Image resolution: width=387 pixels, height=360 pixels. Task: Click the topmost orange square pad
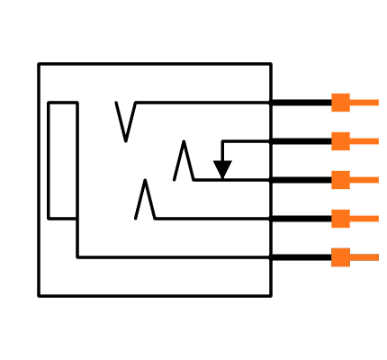[340, 103]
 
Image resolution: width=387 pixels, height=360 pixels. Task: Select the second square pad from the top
[340, 141]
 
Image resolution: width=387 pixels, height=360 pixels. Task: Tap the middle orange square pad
[340, 180]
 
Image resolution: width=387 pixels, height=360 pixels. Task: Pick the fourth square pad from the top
[340, 219]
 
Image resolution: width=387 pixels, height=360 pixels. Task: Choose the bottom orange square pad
[340, 257]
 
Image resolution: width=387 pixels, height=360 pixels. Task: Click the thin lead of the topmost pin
[364, 103]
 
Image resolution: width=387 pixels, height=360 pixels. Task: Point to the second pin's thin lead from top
[364, 141]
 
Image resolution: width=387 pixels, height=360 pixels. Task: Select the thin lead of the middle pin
[364, 180]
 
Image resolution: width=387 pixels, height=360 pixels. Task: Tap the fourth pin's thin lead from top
[364, 219]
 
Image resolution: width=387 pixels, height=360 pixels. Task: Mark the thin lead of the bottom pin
[364, 257]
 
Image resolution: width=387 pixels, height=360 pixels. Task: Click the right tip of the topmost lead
[377, 103]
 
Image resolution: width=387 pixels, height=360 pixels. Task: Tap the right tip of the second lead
[377, 141]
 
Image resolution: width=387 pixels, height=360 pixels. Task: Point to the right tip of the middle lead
[377, 180]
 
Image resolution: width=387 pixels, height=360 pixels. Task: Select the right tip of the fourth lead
[377, 219]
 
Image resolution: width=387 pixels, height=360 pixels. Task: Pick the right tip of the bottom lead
[377, 257]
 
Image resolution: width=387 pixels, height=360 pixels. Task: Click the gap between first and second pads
[340, 121]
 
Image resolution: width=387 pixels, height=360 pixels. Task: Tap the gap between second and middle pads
[340, 160]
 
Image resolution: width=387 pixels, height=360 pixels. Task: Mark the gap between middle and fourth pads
[340, 199]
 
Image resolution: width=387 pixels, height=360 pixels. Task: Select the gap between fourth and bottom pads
[340, 238]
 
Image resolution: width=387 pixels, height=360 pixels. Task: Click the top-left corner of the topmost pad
[332, 94]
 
